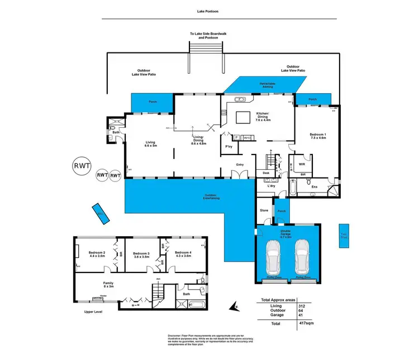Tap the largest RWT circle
[80, 166]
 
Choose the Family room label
[108, 285]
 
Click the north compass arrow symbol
[235, 306]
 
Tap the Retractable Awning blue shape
[264, 84]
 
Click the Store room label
[264, 210]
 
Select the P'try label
[228, 147]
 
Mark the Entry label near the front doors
[240, 164]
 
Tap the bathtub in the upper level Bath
[197, 305]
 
